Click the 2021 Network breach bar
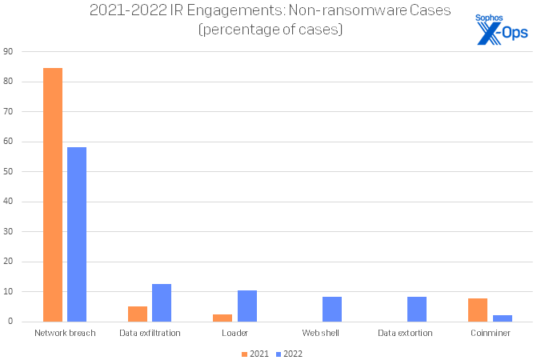click(x=53, y=194)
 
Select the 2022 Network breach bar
click(x=77, y=234)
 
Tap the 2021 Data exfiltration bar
click(x=138, y=314)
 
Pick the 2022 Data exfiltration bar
click(x=162, y=302)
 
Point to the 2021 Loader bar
click(x=222, y=318)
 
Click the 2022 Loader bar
click(x=246, y=306)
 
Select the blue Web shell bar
click(x=331, y=309)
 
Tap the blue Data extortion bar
click(x=417, y=309)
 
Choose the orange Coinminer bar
click(x=478, y=310)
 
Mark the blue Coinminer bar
click(x=502, y=318)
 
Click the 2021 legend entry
click(x=255, y=353)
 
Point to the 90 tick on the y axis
click(x=9, y=51)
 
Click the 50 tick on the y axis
click(x=9, y=171)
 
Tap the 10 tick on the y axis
click(x=9, y=291)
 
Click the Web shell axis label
click(x=320, y=333)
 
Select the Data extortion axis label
click(x=405, y=333)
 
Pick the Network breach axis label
click(x=65, y=333)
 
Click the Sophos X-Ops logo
click(x=499, y=29)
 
